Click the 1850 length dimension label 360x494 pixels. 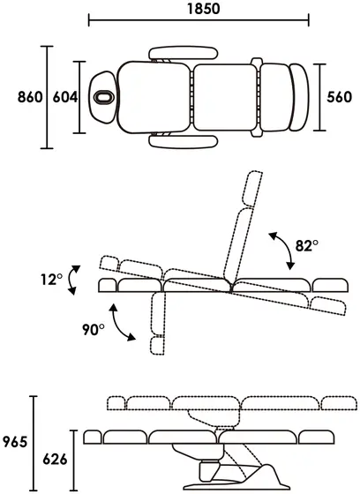[203, 9]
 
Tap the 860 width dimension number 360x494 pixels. [30, 97]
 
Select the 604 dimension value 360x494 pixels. [65, 97]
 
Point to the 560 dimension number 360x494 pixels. [339, 97]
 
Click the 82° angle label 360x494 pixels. [307, 245]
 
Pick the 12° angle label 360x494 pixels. [51, 279]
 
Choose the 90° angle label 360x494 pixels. [94, 330]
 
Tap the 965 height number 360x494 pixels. [15, 442]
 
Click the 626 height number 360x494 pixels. [56, 460]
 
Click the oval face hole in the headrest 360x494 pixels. [104, 97]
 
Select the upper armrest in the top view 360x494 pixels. [184, 53]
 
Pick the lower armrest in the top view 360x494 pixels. [184, 141]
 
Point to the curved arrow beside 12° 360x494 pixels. [71, 281]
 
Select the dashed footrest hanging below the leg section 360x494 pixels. [158, 346]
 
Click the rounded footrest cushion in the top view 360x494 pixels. [299, 97]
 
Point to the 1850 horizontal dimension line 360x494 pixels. [199, 19]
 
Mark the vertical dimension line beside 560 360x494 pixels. [320, 97]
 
